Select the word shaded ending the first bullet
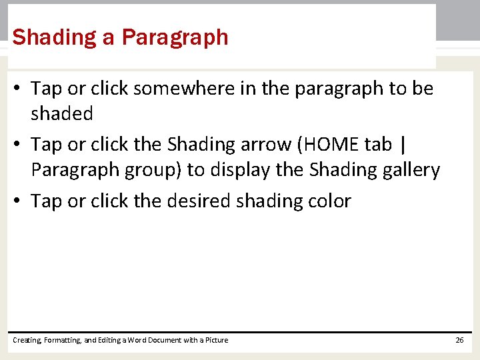click(61, 113)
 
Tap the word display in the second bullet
click(240, 170)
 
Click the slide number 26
click(459, 340)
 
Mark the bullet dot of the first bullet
click(19, 89)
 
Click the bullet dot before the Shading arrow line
click(19, 145)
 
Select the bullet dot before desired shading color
click(19, 201)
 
